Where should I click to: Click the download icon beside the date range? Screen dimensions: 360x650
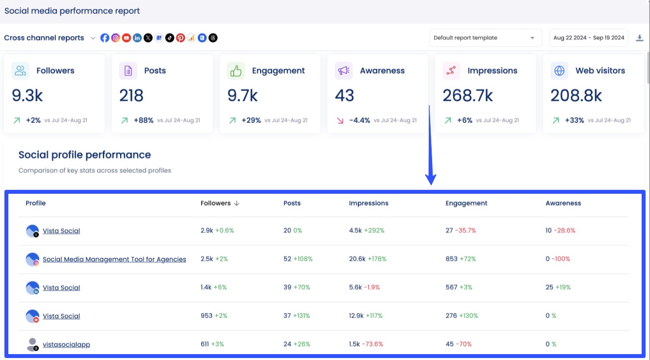[x=640, y=38]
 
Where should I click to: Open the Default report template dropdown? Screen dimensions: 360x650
[x=485, y=38]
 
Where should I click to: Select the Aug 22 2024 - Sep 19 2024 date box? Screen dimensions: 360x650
[x=589, y=38]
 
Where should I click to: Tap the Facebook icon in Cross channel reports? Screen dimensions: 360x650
[x=105, y=38]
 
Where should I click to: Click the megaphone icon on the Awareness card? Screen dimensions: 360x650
[x=343, y=71]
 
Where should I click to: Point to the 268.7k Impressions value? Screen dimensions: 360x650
[x=468, y=95]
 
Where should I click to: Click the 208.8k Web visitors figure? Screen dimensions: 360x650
[x=576, y=95]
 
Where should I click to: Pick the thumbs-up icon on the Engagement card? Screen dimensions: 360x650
[x=236, y=71]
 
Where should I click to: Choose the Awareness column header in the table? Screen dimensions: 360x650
[x=563, y=203]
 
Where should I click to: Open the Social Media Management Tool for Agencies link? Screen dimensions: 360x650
[x=114, y=259]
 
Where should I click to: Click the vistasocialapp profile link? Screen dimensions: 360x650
[x=66, y=344]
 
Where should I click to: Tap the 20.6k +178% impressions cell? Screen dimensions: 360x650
[x=368, y=259]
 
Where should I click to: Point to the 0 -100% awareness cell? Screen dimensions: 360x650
[x=558, y=259]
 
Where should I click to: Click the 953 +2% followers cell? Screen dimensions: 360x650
[x=214, y=316]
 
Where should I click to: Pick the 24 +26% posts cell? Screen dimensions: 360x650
[x=296, y=344]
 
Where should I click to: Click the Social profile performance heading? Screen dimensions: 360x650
[x=85, y=155]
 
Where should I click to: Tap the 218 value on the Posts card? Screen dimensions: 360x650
[x=131, y=95]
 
